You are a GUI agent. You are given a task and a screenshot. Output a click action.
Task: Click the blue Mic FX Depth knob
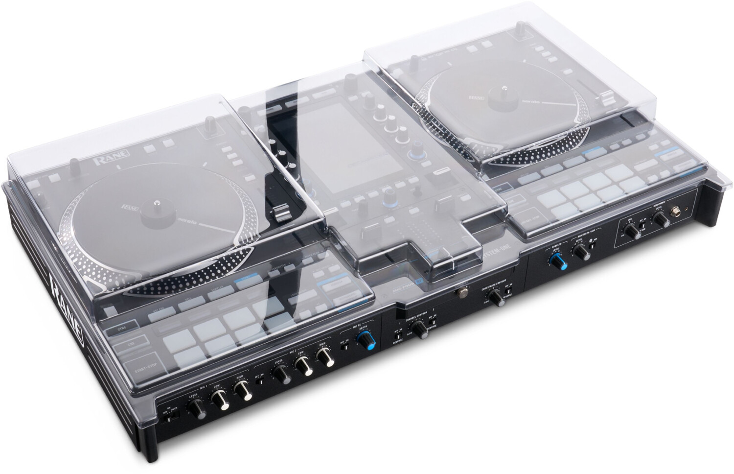(364, 341)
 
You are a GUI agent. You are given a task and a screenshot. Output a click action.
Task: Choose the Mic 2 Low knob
(302, 366)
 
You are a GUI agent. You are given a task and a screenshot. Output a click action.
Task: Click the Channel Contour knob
(419, 330)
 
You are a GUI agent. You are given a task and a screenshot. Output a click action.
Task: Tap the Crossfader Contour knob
(496, 297)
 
